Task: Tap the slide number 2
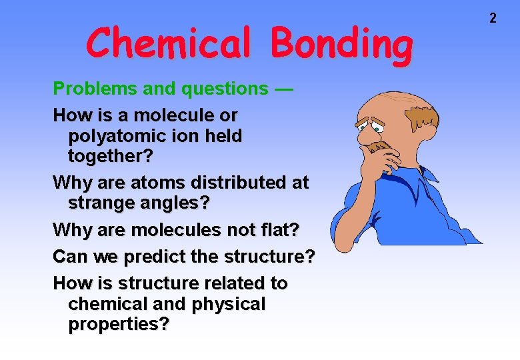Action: (493, 19)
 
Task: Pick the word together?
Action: (110, 157)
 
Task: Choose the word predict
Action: (150, 257)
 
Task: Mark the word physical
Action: (227, 304)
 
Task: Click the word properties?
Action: (118, 325)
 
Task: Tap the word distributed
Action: (227, 181)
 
